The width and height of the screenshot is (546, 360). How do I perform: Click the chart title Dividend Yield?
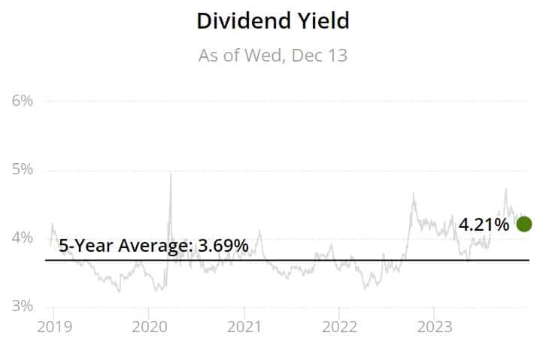click(273, 21)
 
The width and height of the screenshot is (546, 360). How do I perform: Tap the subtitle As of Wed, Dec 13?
click(273, 56)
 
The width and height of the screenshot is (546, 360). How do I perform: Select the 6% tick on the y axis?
click(23, 101)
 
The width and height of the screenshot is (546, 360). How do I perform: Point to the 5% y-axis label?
click(23, 169)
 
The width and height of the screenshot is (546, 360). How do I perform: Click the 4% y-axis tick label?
click(23, 238)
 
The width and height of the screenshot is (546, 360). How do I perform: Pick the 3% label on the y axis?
click(23, 306)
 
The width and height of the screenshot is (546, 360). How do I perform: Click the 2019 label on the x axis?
click(54, 327)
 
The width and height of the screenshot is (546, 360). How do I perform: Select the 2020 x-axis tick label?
click(150, 327)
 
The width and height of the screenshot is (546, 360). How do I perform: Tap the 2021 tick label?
click(244, 327)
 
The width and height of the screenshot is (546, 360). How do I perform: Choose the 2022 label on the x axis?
click(339, 327)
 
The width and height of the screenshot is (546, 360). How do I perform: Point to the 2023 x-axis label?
click(435, 327)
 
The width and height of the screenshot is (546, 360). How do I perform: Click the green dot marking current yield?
click(524, 224)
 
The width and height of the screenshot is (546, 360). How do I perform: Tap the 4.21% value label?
click(484, 225)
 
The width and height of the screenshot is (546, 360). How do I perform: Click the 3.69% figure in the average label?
click(223, 246)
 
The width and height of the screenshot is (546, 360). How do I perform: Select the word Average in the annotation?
click(156, 246)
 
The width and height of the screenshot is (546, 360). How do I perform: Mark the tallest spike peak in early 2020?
click(171, 174)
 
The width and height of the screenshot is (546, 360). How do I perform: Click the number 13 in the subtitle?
click(338, 56)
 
